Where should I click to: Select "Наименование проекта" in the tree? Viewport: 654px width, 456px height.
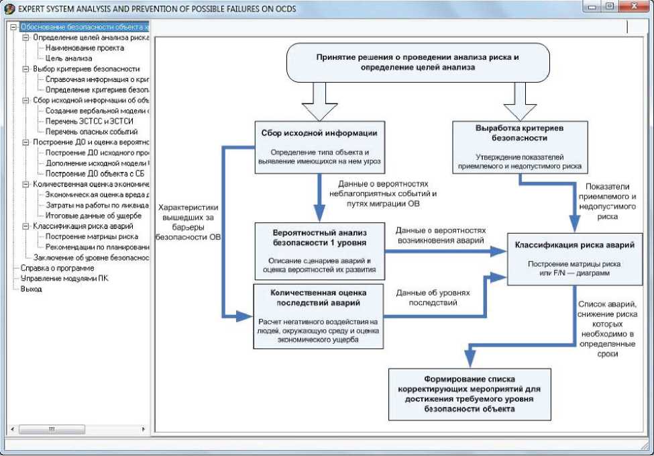pyautogui.click(x=85, y=48)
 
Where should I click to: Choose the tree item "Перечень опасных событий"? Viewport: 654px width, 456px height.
pyautogui.click(x=91, y=132)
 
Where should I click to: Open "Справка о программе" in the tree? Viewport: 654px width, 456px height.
pyautogui.click(x=58, y=268)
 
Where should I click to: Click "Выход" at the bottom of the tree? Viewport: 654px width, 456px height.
pyautogui.click(x=32, y=289)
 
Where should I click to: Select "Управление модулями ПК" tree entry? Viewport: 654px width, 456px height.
pyautogui.click(x=64, y=279)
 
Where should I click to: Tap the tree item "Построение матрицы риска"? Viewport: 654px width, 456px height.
pyautogui.click(x=92, y=237)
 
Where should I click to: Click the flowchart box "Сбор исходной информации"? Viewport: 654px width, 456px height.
pyautogui.click(x=319, y=147)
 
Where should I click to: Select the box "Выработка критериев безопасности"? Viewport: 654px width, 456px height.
pyautogui.click(x=520, y=147)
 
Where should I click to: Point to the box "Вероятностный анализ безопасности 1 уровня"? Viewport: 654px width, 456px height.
pyautogui.click(x=319, y=251)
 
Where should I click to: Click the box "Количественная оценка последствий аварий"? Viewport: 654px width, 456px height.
pyautogui.click(x=318, y=316)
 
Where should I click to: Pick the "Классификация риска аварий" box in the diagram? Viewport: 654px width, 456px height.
pyautogui.click(x=575, y=259)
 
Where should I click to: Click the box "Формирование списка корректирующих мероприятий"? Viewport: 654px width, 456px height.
pyautogui.click(x=470, y=394)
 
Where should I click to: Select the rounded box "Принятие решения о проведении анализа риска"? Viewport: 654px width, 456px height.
pyautogui.click(x=417, y=62)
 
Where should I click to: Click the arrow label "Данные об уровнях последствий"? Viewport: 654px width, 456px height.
pyautogui.click(x=433, y=298)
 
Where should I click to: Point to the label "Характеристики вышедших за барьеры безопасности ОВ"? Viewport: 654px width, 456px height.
pyautogui.click(x=188, y=222)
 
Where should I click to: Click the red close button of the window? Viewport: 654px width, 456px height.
pyautogui.click(x=635, y=7)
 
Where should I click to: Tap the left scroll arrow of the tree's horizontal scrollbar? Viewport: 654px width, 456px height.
pyautogui.click(x=13, y=429)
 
